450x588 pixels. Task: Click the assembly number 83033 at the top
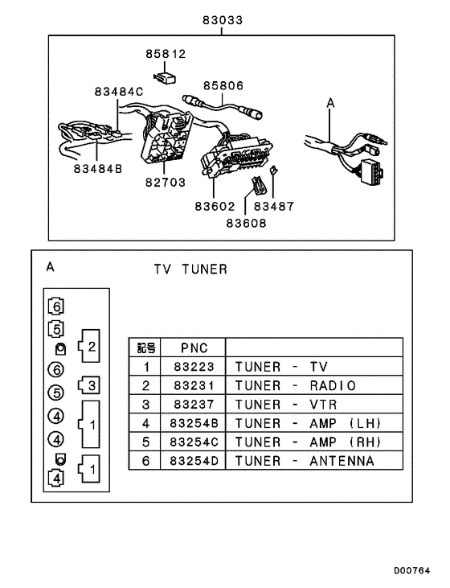(223, 19)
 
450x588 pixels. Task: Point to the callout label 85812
(166, 56)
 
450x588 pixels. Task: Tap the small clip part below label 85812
(166, 78)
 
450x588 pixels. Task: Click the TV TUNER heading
(191, 269)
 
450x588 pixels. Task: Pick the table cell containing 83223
(194, 366)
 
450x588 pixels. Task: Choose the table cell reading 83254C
(194, 442)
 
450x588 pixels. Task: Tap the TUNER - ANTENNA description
(305, 462)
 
